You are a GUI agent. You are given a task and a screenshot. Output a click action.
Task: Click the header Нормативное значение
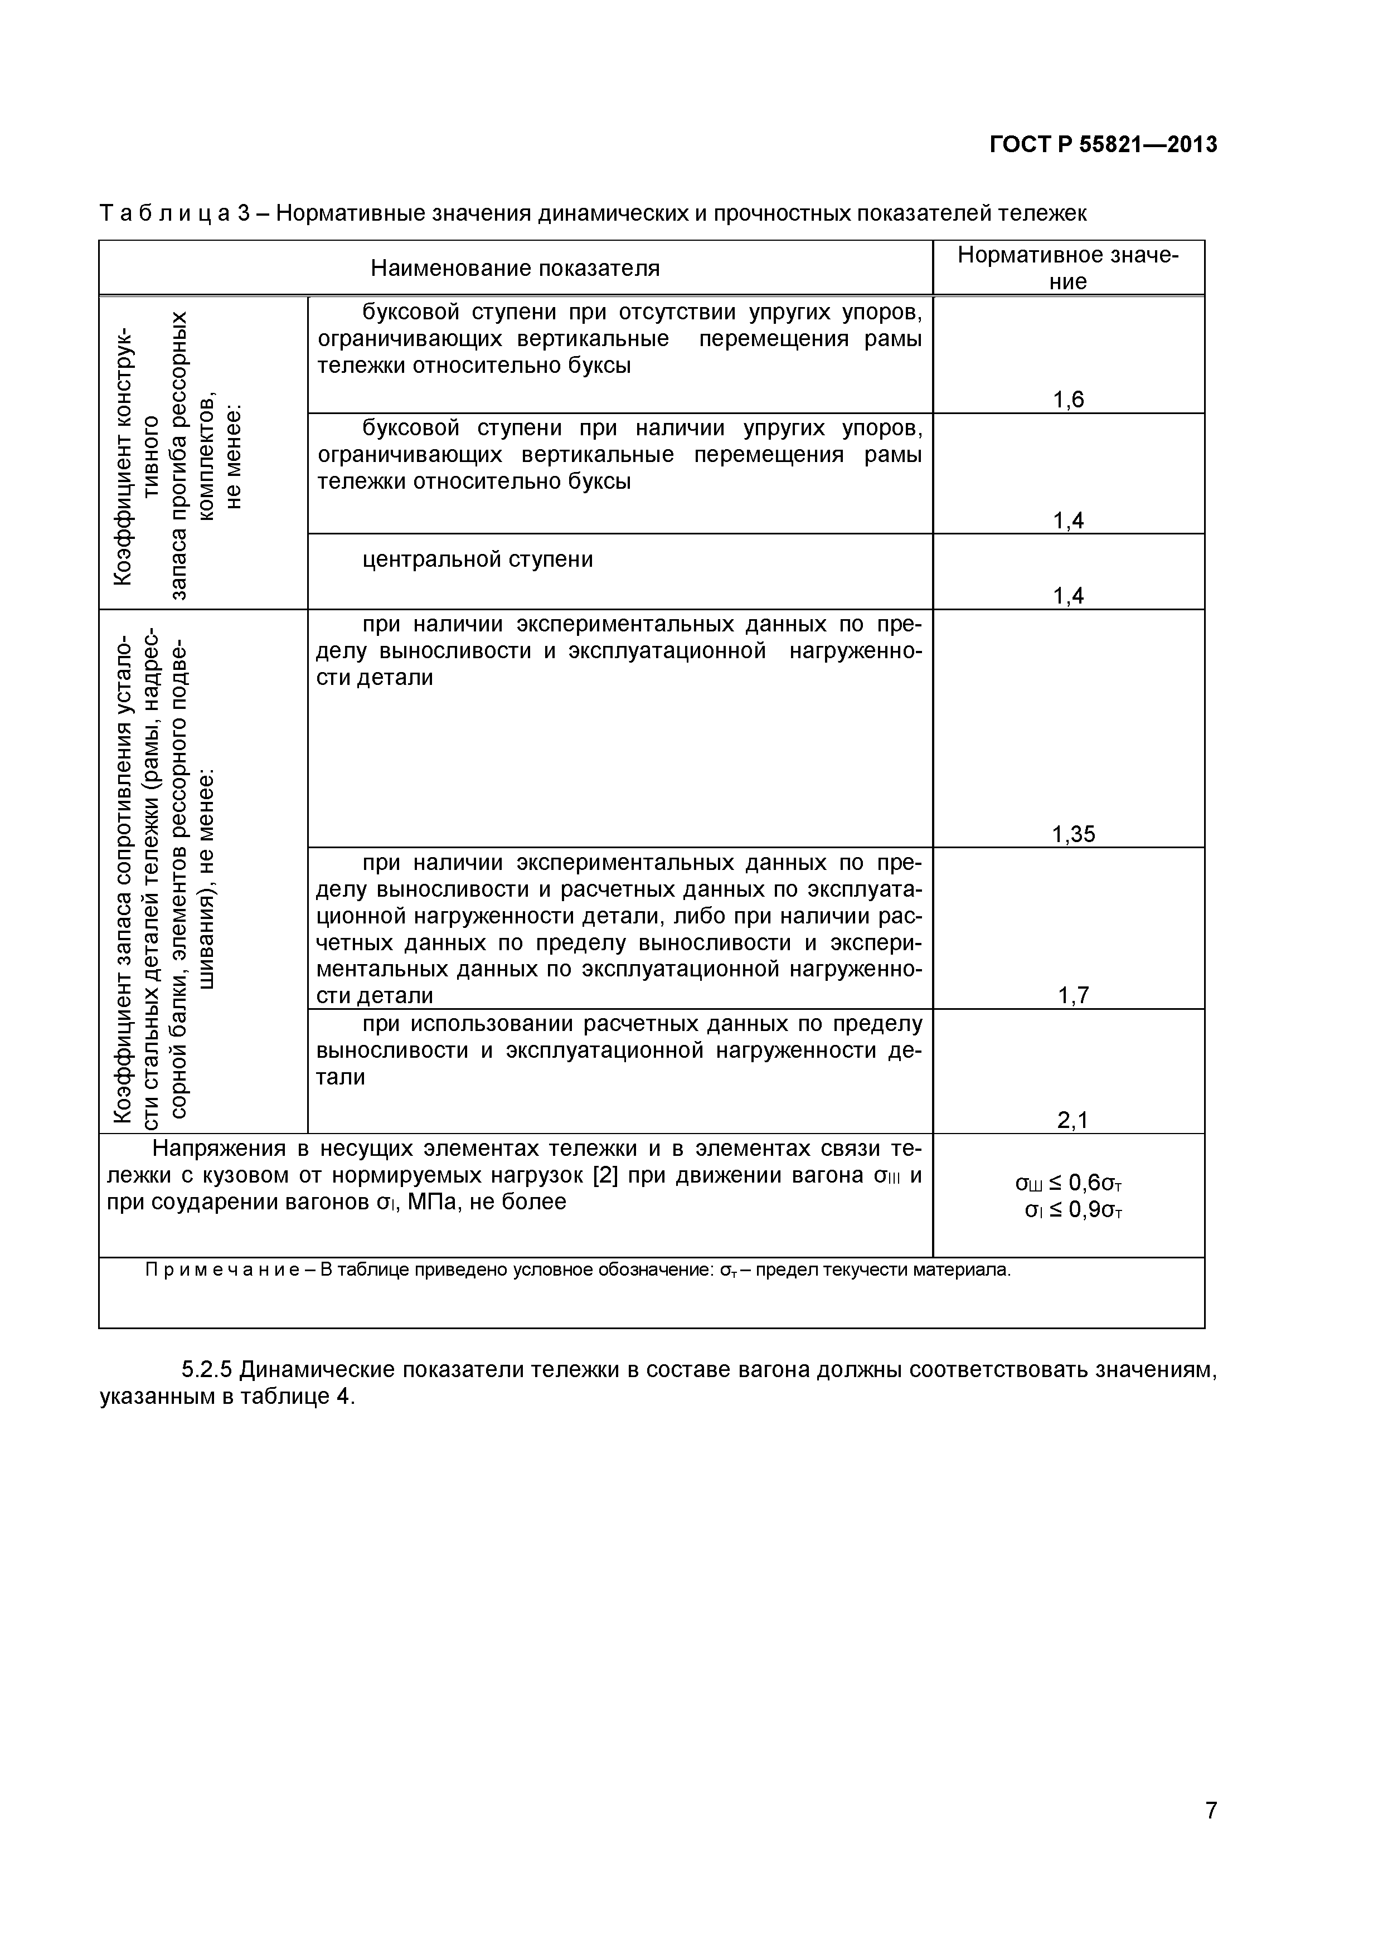tap(1068, 268)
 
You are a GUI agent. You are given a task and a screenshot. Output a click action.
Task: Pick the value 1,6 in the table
tap(1068, 400)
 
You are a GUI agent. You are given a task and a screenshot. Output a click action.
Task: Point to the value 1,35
tap(1073, 834)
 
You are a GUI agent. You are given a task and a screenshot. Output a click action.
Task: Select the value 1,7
tap(1073, 995)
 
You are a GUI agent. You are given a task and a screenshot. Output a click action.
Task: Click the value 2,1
tap(1073, 1121)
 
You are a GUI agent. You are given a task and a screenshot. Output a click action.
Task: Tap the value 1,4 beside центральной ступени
tap(1068, 596)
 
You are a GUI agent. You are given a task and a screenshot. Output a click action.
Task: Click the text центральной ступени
tap(477, 560)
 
